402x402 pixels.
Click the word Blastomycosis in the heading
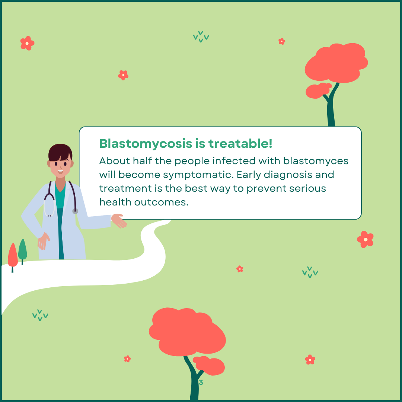(x=146, y=144)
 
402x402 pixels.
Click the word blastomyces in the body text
(x=316, y=161)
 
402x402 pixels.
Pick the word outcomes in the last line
(x=162, y=202)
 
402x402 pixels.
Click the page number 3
(x=201, y=382)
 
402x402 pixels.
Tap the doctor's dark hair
(x=60, y=152)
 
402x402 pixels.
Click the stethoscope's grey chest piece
(x=75, y=211)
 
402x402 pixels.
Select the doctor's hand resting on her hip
(x=43, y=241)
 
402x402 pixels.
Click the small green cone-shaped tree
(x=23, y=251)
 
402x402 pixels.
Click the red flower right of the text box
(x=366, y=239)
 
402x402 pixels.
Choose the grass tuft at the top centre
(x=201, y=36)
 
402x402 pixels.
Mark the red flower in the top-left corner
(x=27, y=43)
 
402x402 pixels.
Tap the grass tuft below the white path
(x=40, y=315)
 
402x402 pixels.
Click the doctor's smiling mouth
(x=61, y=171)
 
